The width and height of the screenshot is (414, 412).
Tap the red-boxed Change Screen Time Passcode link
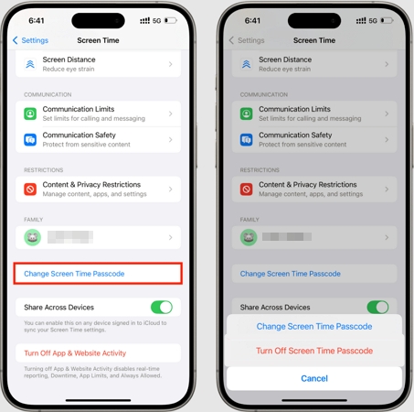[x=74, y=274]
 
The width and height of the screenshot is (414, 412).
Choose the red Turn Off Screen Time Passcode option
[x=313, y=351]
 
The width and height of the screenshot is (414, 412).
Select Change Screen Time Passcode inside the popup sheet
[x=313, y=326]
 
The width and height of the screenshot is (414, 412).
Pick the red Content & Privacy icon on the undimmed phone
[x=30, y=190]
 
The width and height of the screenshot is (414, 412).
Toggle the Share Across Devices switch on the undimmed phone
[x=161, y=308]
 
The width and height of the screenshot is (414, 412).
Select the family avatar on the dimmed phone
[x=247, y=237]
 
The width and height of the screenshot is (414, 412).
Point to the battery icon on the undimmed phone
[x=171, y=20]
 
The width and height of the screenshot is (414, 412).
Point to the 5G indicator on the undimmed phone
[x=156, y=20]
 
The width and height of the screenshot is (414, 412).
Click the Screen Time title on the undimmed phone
[x=98, y=40]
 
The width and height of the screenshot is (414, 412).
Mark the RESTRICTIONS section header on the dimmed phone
[x=261, y=170]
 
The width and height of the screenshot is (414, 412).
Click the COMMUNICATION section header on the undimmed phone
[x=49, y=94]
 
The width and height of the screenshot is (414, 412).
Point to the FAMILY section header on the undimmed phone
[x=33, y=220]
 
